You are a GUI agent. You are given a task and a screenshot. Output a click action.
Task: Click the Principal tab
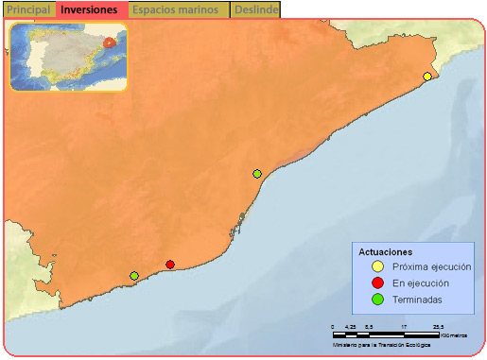[x=28, y=9]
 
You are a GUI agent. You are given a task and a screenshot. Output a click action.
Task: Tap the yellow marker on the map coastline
[x=427, y=77]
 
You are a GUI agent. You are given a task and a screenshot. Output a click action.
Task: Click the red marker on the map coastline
[x=170, y=265]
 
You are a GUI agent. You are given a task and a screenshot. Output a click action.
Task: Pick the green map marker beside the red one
[x=134, y=276]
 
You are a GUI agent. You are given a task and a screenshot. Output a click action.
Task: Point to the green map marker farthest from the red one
[x=257, y=174]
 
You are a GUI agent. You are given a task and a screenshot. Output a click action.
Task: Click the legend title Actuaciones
[x=386, y=252]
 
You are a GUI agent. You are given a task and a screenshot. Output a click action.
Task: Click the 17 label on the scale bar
[x=404, y=327]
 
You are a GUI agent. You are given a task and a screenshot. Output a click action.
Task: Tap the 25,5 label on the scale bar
[x=438, y=327]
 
